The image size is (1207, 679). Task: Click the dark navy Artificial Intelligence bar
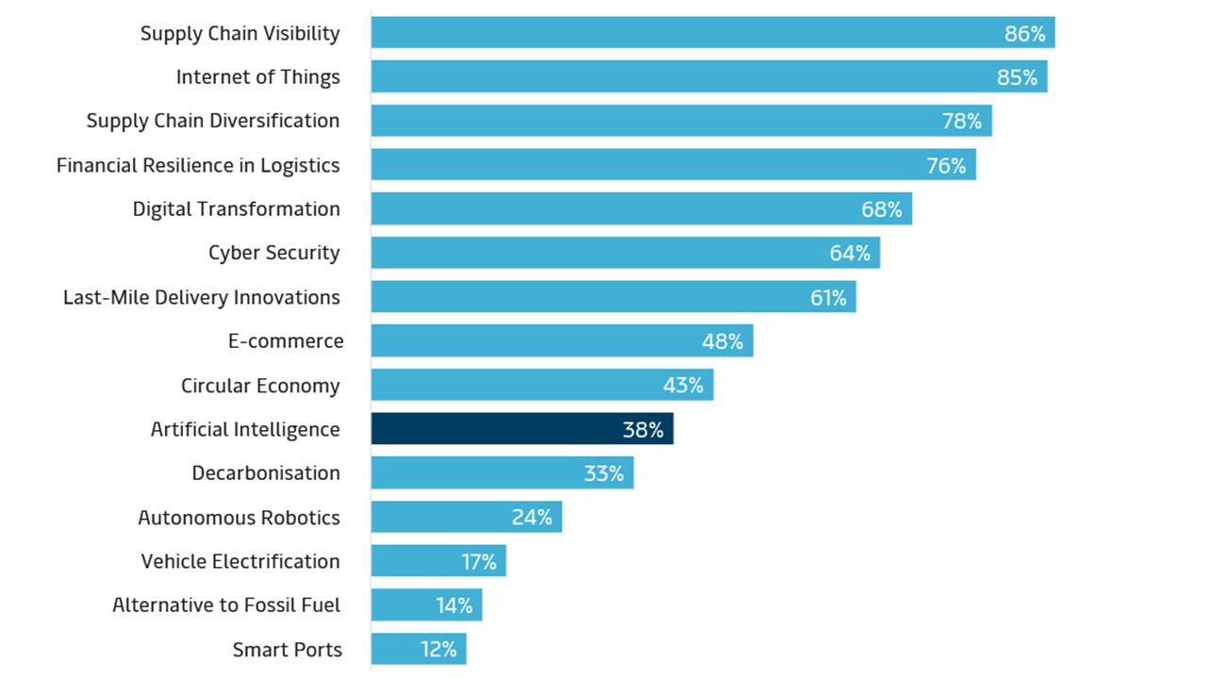pos(521,429)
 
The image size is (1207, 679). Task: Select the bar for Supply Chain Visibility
pos(712,33)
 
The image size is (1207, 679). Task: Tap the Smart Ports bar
pos(418,649)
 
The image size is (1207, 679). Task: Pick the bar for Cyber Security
pos(624,253)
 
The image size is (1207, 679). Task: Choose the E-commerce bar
pos(561,341)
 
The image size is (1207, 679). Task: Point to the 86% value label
pos(1025,34)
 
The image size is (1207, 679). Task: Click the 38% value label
pos(643,430)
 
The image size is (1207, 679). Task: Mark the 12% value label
pos(438,650)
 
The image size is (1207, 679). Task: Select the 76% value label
pos(946,166)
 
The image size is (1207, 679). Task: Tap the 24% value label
pos(532,518)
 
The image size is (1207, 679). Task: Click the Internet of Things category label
pos(257,77)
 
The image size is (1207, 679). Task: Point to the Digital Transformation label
pos(236,209)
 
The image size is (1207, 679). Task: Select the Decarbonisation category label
pos(266,473)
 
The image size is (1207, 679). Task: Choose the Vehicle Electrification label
pos(240,561)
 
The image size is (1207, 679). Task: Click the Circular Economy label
pos(260,386)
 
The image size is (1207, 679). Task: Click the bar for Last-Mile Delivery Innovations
pos(613,297)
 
